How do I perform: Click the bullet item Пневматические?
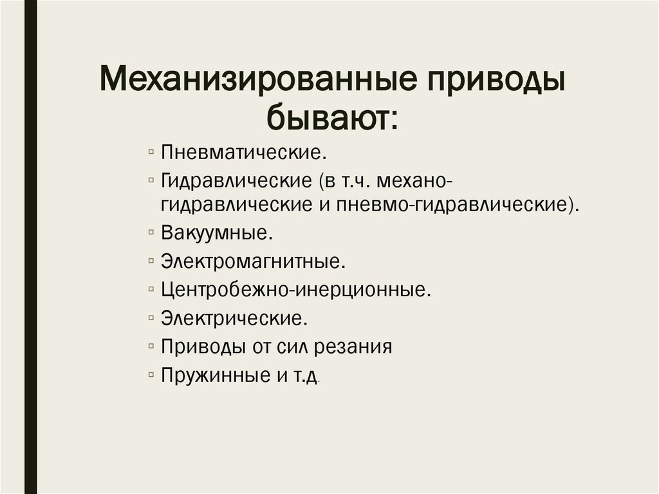[x=241, y=154]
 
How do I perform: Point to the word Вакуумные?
[x=218, y=233]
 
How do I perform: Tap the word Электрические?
[x=232, y=318]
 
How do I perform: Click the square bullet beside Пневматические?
[x=150, y=153]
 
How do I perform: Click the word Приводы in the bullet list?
[x=201, y=347]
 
